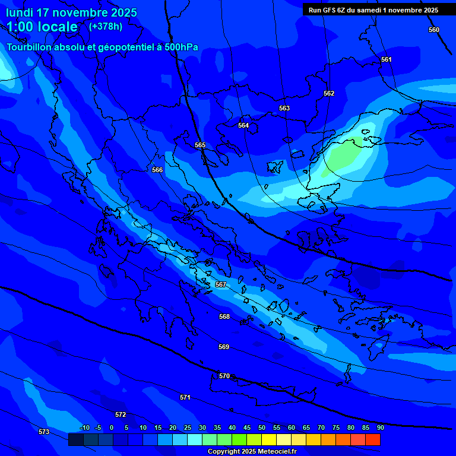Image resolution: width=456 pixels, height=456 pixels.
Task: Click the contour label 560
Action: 434,30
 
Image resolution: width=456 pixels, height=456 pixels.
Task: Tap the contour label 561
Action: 387,59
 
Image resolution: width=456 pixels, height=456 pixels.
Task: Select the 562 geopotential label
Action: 329,93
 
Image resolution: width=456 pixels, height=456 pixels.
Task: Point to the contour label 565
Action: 200,145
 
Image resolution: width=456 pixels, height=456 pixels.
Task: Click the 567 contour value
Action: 221,284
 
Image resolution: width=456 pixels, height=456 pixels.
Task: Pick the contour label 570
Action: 224,376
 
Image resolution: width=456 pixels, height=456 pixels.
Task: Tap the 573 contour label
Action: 44,432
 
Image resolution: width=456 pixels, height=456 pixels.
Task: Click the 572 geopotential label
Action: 121,414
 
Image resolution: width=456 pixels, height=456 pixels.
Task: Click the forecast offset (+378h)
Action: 106,26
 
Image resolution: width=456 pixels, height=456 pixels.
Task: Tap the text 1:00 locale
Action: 42,27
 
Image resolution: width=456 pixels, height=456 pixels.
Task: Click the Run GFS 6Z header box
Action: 373,10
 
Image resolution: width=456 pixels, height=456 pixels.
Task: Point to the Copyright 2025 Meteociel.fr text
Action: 252,451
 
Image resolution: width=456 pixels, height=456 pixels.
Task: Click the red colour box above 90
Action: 372,439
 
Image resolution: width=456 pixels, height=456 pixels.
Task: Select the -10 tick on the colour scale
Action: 84,427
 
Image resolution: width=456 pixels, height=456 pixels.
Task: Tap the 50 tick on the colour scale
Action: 261,427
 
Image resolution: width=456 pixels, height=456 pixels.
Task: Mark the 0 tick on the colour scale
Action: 112,427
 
